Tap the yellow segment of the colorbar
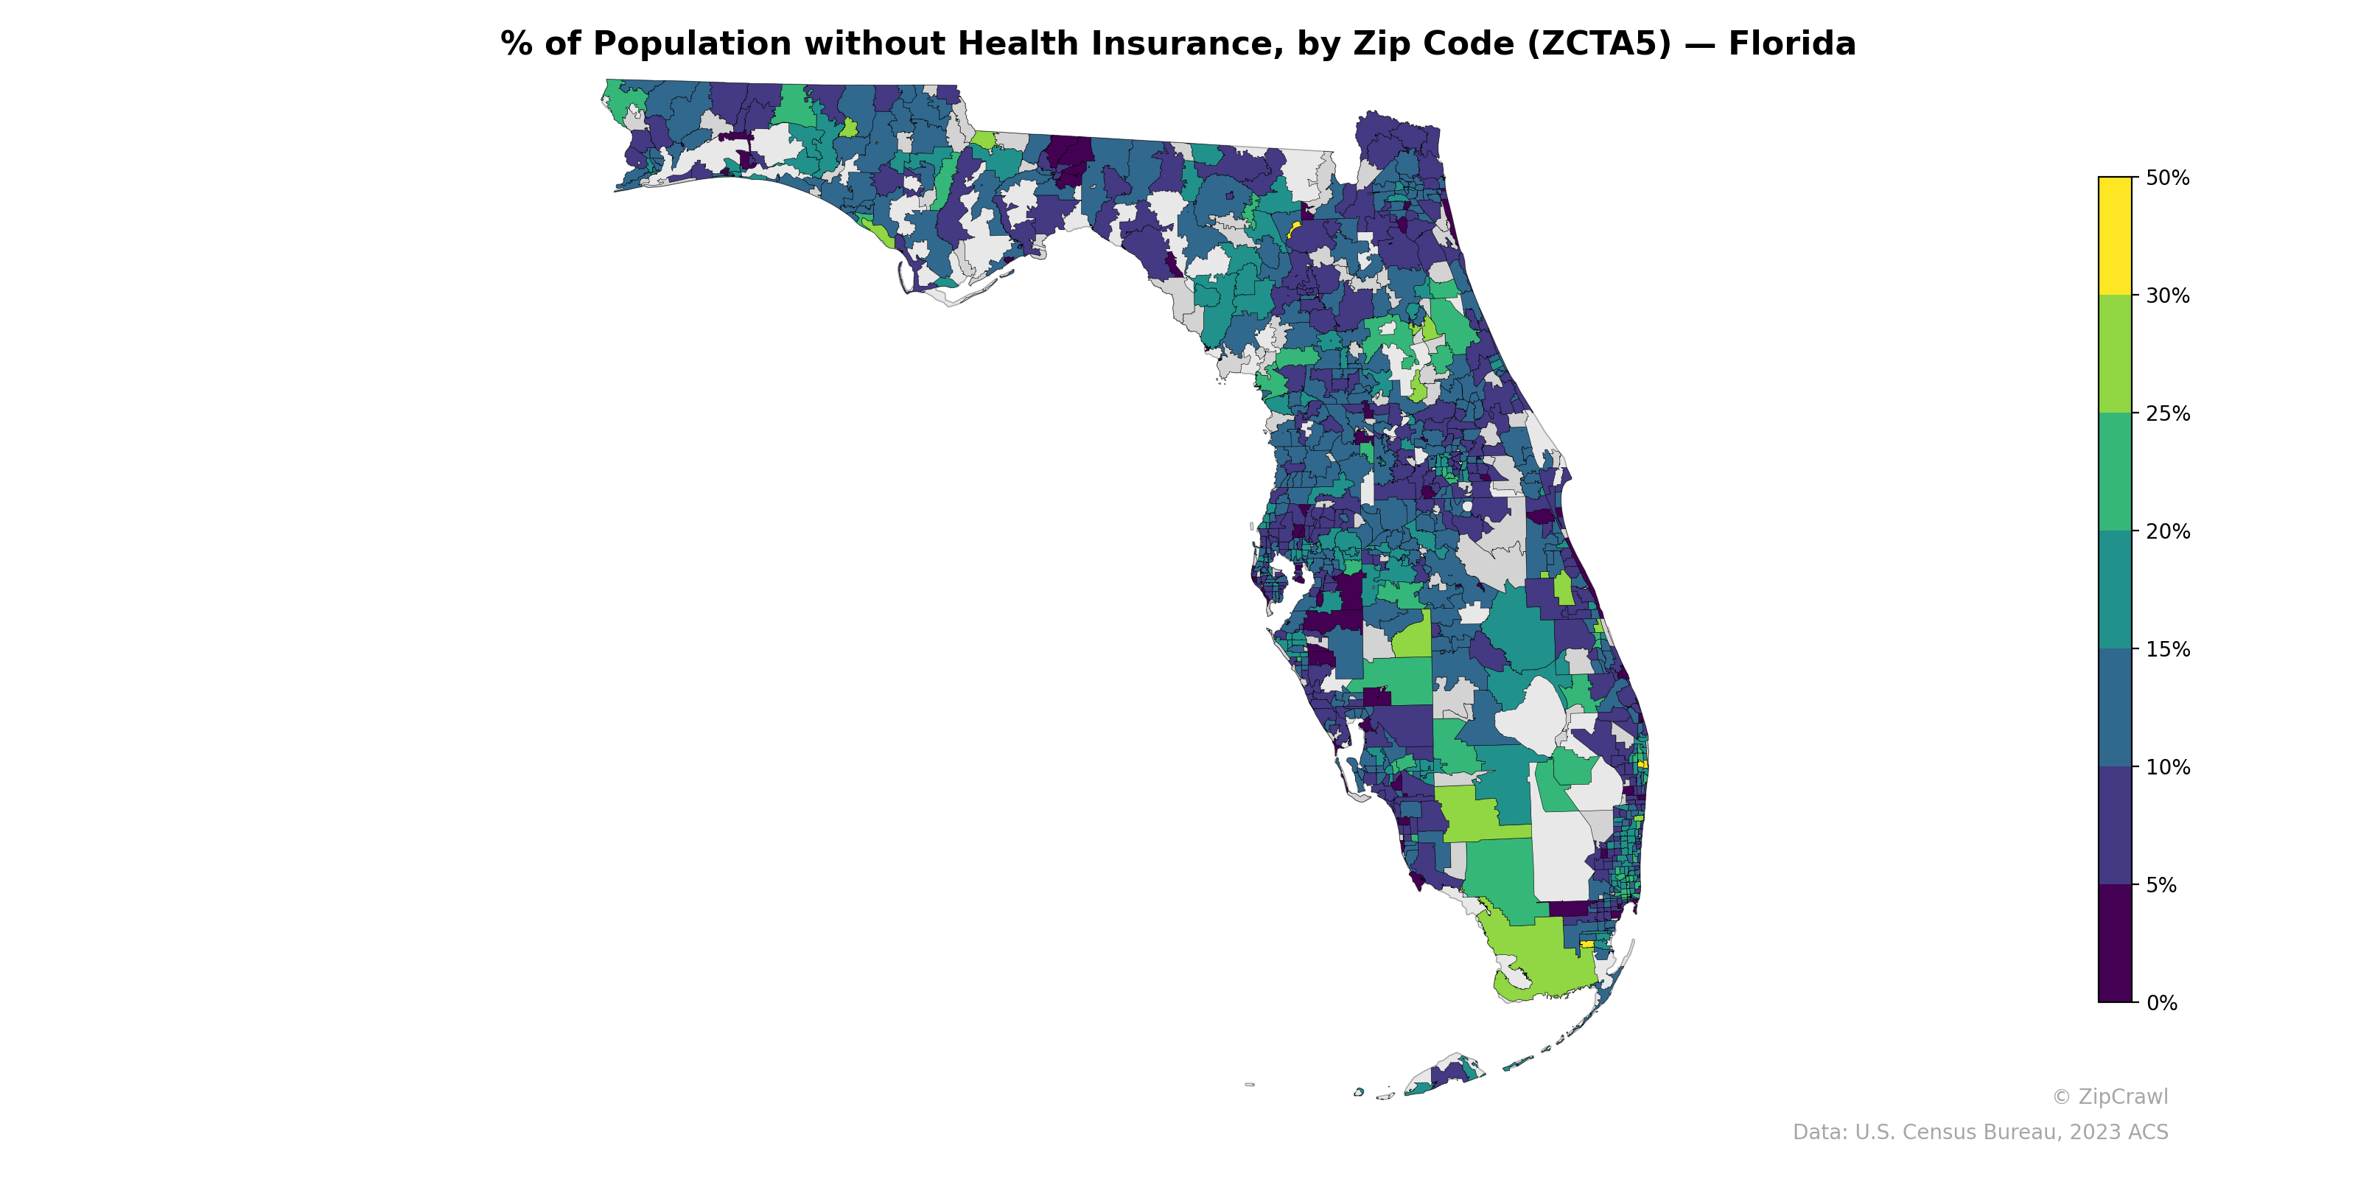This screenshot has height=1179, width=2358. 2115,235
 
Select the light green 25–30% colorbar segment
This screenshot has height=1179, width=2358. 2115,354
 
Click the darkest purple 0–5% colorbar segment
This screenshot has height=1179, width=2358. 2115,944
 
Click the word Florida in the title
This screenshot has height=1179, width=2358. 1791,44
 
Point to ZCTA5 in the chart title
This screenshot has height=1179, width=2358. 1598,44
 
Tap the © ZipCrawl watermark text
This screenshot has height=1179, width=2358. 2109,1096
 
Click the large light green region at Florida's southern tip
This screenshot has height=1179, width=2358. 1538,956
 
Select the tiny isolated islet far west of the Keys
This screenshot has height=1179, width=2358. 1250,1085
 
